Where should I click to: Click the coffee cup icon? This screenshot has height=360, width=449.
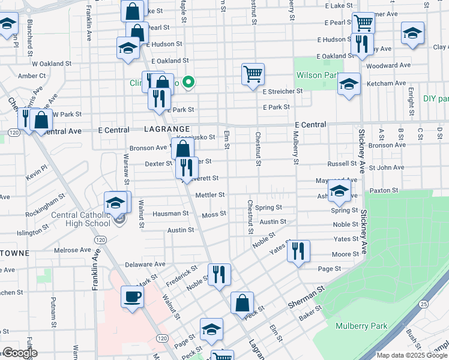point(132,296)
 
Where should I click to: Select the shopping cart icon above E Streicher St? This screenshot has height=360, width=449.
point(253,74)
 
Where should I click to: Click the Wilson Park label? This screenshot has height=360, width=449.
point(318,76)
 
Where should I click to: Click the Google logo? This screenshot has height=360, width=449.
point(20,353)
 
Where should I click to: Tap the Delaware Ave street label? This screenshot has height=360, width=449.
point(145,264)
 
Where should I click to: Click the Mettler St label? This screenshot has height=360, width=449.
point(209,195)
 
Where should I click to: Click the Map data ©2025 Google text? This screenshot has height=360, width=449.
point(411,355)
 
